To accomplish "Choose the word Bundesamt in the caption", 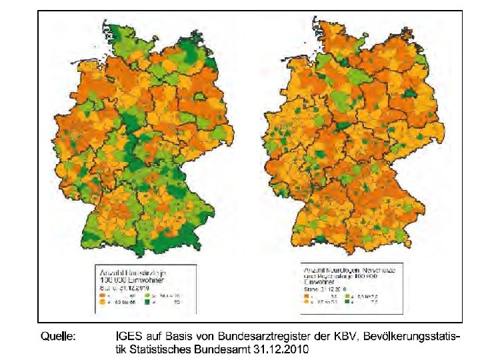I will point(227,349).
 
